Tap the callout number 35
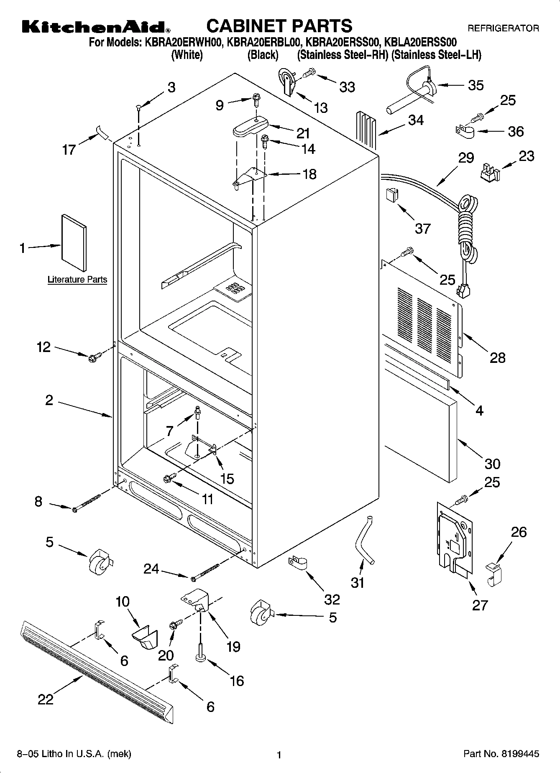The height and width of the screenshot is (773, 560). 476,85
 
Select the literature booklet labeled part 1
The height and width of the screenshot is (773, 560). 74,243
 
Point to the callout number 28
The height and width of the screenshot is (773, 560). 498,357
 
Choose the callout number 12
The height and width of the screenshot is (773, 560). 43,347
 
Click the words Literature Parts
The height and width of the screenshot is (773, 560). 77,279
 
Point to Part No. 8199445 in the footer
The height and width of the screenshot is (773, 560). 501,754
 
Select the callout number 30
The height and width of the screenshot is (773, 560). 492,464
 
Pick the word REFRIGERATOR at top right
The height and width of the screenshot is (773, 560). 503,28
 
